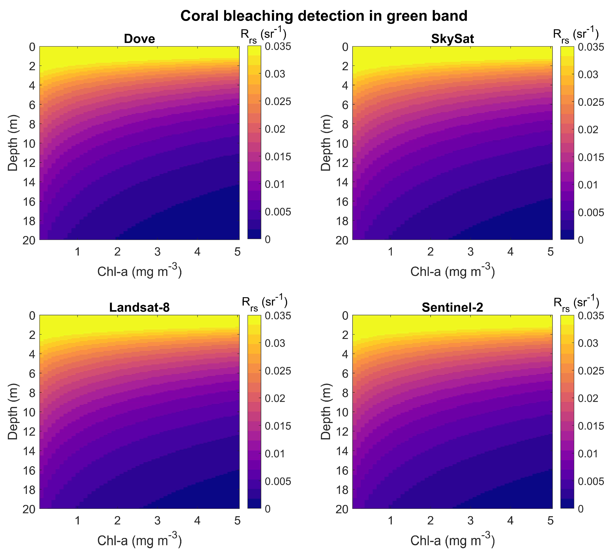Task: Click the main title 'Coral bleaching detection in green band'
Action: (324, 16)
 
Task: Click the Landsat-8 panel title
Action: (139, 308)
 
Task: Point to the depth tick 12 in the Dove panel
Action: (29, 163)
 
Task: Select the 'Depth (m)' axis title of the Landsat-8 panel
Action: (13, 412)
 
